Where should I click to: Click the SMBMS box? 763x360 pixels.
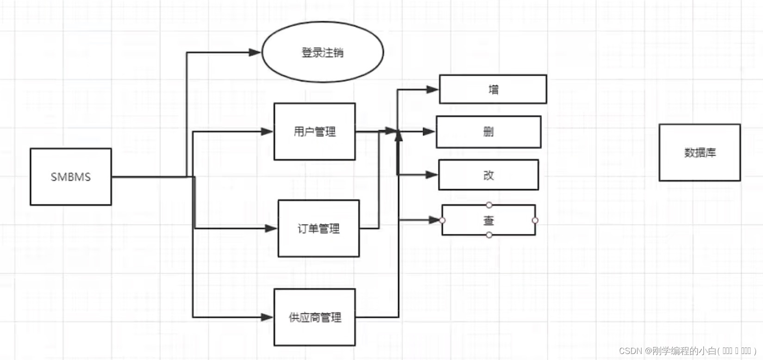[70, 177]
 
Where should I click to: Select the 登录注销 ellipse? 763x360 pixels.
[323, 52]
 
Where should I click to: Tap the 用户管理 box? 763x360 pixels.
[314, 132]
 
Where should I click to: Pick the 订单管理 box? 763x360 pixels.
[319, 229]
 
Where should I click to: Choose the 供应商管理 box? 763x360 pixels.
[315, 317]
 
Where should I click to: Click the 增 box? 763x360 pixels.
[493, 89]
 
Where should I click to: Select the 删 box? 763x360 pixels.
[488, 132]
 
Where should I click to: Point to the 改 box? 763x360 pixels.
[488, 175]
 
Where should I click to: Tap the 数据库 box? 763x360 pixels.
[700, 152]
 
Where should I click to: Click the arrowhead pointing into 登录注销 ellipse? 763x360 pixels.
[256, 52]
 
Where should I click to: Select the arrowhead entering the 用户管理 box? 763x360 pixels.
[268, 132]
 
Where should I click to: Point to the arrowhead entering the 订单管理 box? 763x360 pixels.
[271, 228]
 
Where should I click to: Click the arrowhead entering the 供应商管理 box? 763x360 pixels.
[268, 317]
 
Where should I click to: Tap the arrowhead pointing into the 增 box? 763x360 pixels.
[432, 89]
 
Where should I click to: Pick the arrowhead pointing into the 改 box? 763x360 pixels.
[432, 174]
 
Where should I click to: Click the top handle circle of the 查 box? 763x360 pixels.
[489, 205]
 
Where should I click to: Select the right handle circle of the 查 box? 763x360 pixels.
[535, 220]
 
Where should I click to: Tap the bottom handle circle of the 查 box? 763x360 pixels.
[489, 235]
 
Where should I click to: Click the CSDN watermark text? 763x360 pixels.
[687, 351]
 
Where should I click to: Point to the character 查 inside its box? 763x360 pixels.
[489, 221]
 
